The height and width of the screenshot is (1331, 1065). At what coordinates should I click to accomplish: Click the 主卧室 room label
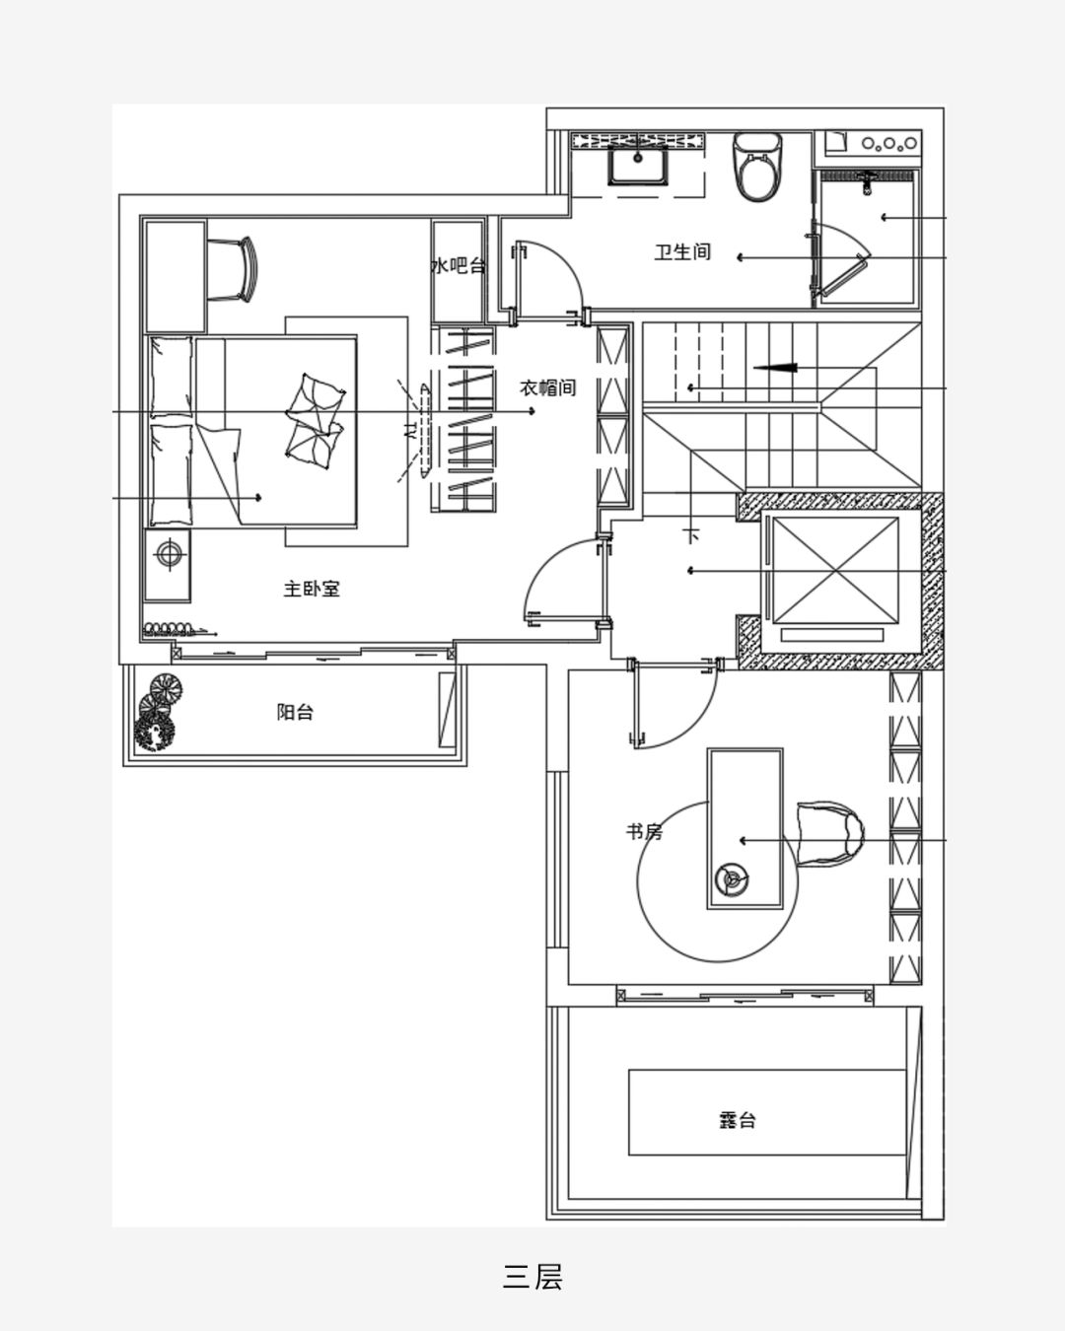point(312,589)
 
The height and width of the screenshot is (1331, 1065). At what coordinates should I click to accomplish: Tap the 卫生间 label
point(682,251)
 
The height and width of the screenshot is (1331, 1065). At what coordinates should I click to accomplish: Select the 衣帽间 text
point(547,387)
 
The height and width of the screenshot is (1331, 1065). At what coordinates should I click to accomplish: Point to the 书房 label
point(644,832)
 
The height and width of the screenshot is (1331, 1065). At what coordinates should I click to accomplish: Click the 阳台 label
point(295,712)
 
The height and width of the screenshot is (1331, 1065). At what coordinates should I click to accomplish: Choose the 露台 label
point(737,1120)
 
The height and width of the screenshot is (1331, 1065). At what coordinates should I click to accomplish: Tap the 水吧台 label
point(458,266)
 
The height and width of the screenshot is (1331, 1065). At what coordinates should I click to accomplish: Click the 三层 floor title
point(532,1277)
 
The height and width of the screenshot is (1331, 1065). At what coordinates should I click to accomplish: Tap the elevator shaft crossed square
point(835,570)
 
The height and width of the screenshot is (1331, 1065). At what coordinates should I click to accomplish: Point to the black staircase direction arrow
point(774,368)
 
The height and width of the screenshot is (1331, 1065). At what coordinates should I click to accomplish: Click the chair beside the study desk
point(830,834)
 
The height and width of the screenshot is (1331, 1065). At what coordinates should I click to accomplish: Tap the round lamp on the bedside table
point(169,553)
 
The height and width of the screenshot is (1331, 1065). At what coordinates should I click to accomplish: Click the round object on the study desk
point(732,879)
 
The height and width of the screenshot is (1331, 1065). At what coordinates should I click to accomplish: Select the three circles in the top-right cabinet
point(889,144)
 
